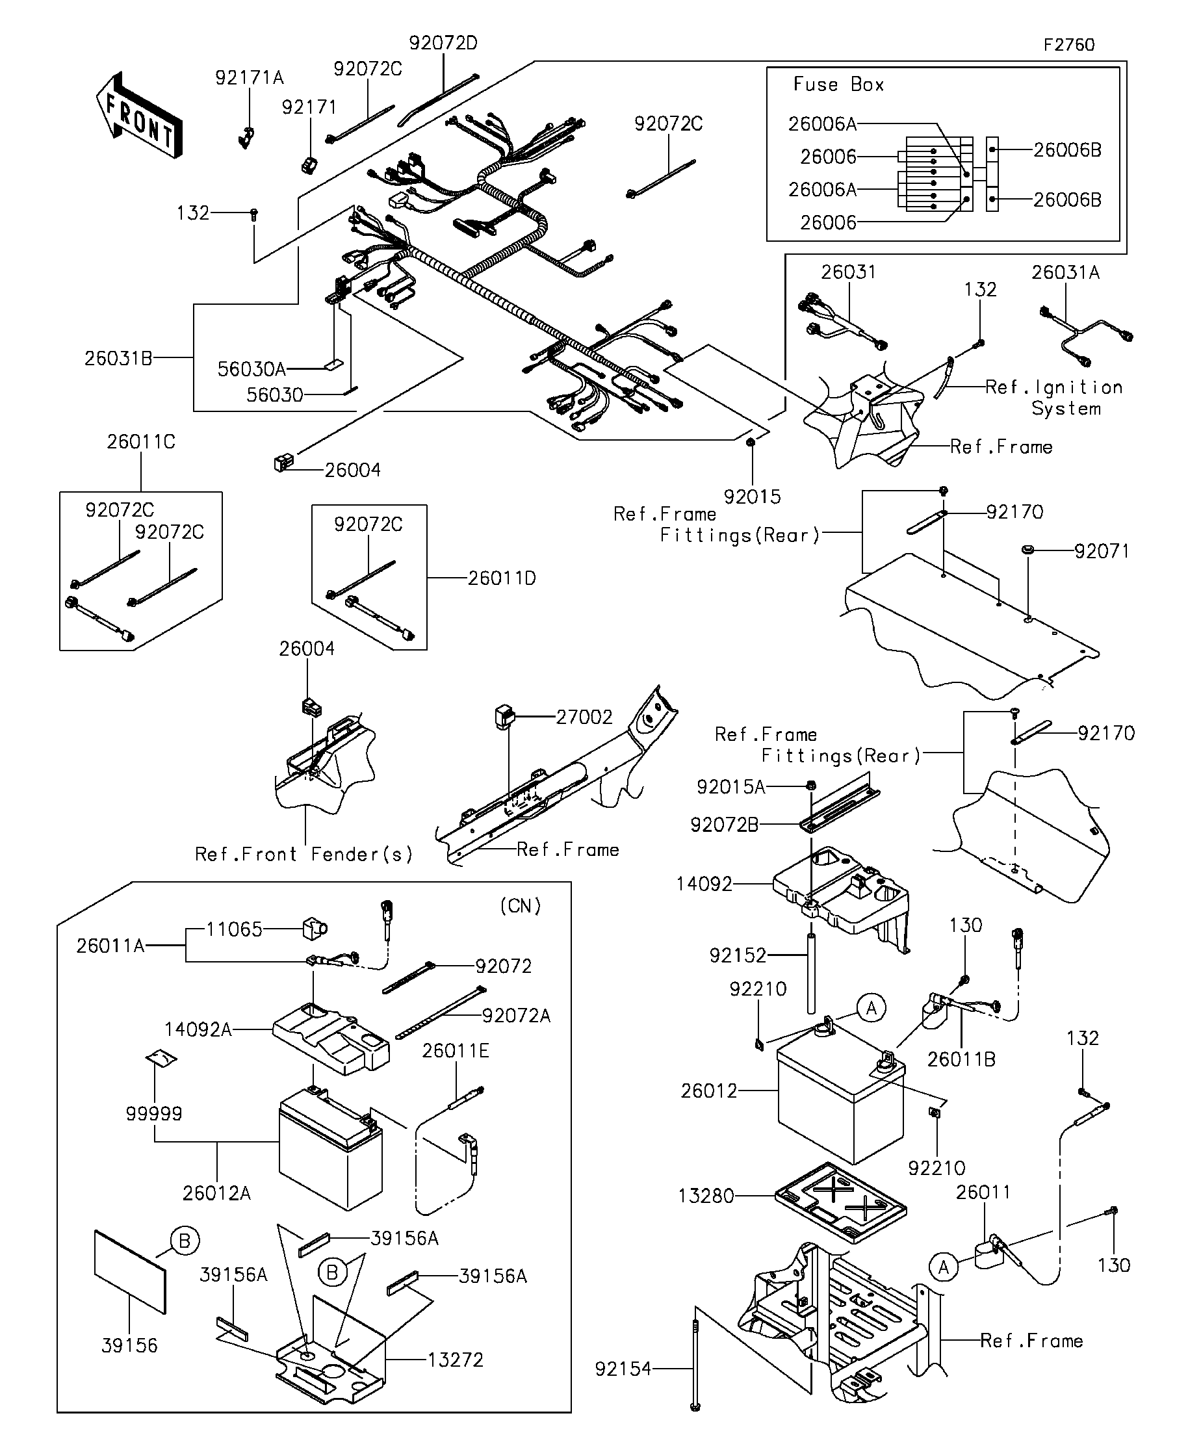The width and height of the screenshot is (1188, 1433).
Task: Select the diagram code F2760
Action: pos(1068,45)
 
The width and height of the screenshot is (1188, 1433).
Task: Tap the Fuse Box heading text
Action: pos(838,84)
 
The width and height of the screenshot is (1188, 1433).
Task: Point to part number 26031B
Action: pos(118,358)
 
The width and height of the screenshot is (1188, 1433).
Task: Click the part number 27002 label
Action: pos(584,717)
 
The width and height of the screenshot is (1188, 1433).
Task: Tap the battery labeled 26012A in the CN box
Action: pos(330,1148)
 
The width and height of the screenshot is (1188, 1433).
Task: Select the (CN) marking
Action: pos(521,906)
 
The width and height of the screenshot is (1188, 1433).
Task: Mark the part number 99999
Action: pos(154,1115)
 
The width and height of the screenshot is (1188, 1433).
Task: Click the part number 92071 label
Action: pos(1102,550)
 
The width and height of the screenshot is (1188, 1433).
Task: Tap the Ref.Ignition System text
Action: pos(1054,398)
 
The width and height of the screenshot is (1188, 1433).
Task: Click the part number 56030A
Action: pos(251,369)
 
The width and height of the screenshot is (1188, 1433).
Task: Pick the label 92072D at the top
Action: pos(443,43)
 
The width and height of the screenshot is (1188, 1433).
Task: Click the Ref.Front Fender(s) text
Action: pos(304,855)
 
